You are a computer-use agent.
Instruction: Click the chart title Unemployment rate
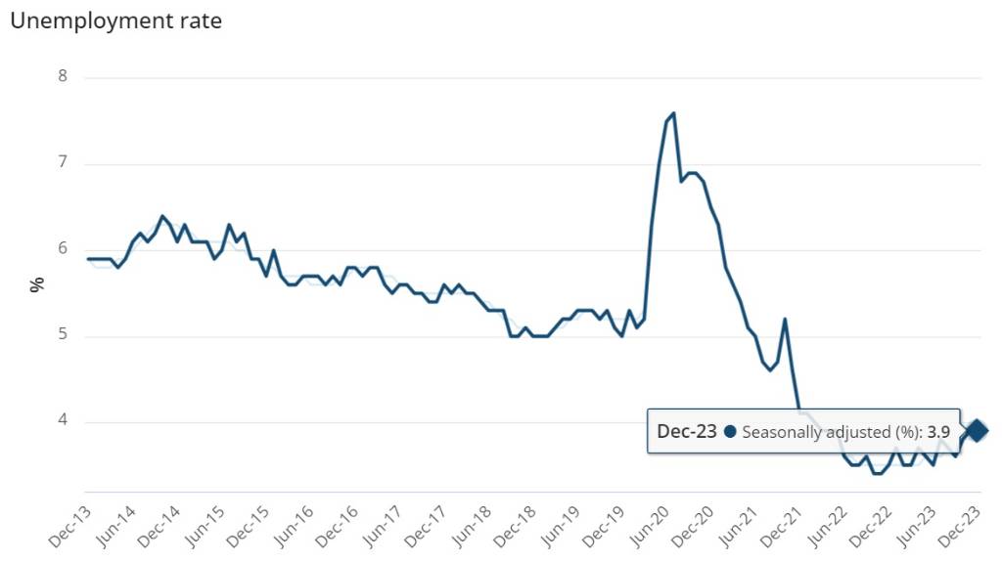[x=115, y=21]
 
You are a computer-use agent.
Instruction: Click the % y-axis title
[x=38, y=284]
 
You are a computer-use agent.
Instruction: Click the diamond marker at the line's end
[x=977, y=430]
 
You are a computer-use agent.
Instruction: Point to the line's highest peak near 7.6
[x=673, y=113]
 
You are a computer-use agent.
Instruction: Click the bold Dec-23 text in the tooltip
[x=687, y=431]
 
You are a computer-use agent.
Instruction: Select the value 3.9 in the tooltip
[x=939, y=431]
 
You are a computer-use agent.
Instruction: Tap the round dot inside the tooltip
[x=730, y=431]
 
